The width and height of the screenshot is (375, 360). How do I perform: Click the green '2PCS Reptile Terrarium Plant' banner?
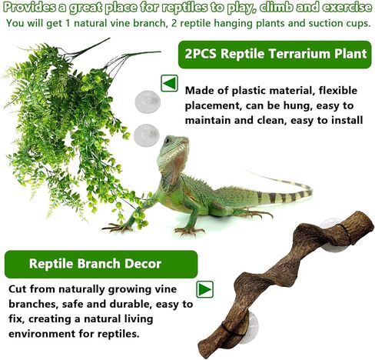(272, 55)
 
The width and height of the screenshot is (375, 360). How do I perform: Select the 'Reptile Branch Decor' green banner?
(95, 264)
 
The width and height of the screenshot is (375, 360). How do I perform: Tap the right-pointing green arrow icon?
(204, 290)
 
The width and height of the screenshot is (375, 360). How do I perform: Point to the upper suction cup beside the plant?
(144, 103)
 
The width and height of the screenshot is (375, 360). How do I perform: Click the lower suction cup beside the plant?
(146, 135)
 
